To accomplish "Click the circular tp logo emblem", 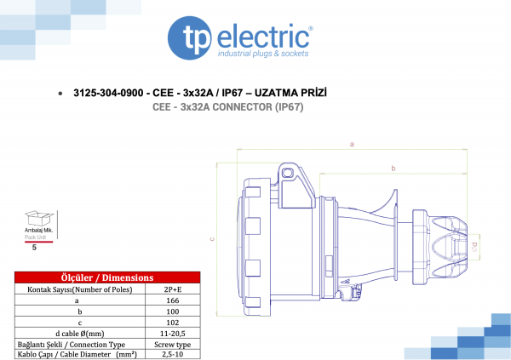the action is tap(190, 37).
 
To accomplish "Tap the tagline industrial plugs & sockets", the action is tap(263, 54).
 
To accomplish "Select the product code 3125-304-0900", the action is tap(108, 93).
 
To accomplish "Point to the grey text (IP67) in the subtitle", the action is tap(289, 107).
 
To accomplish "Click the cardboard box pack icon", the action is tap(39, 218).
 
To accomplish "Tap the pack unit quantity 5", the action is tap(34, 248).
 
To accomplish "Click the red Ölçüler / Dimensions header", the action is tap(107, 277).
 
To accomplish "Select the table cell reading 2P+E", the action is tap(173, 289).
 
